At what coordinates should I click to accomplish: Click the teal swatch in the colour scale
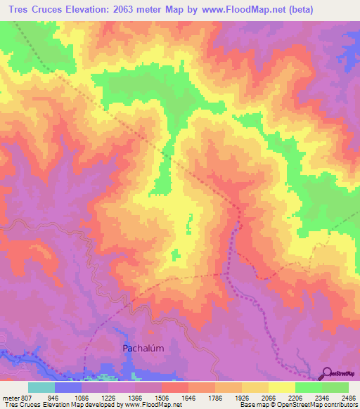pos(41,387)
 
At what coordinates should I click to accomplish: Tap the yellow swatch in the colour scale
pos(281,387)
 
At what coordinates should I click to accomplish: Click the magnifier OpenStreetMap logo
pos(328,372)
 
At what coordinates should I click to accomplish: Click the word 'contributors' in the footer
pos(340,405)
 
